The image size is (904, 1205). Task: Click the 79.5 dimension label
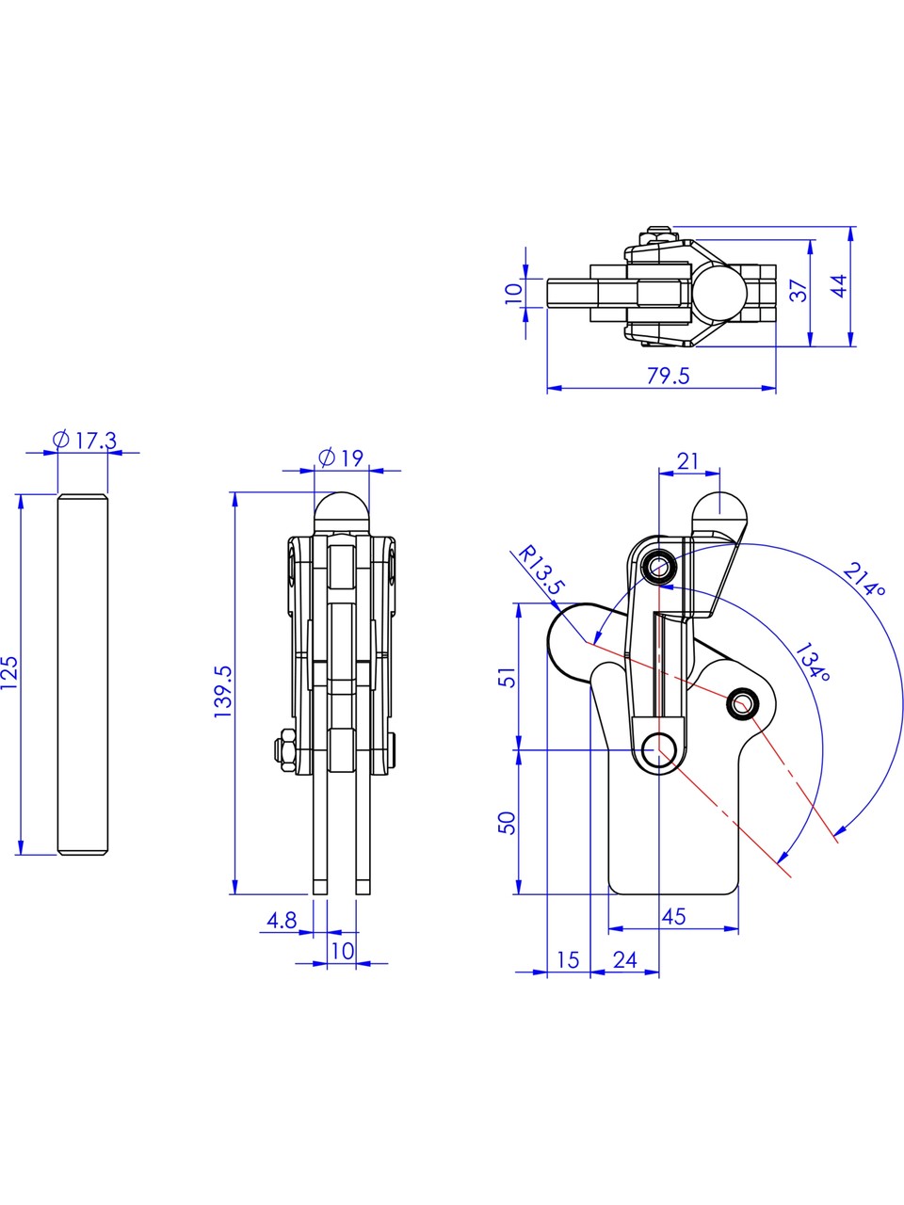[668, 376]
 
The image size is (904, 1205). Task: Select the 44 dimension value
[839, 286]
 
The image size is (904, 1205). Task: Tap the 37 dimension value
[799, 290]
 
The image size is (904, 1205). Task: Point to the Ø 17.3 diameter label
[85, 441]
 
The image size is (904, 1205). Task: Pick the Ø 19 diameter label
[341, 458]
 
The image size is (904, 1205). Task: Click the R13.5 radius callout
[541, 570]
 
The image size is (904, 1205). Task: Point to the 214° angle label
[864, 580]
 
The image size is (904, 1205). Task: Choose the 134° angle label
[813, 662]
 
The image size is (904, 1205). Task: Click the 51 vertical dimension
[508, 677]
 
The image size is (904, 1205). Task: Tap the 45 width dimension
[674, 916]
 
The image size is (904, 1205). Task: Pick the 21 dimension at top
[687, 461]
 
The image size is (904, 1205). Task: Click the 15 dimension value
[568, 960]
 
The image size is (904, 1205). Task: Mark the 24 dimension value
[625, 960]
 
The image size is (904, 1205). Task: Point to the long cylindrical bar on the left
[83, 674]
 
